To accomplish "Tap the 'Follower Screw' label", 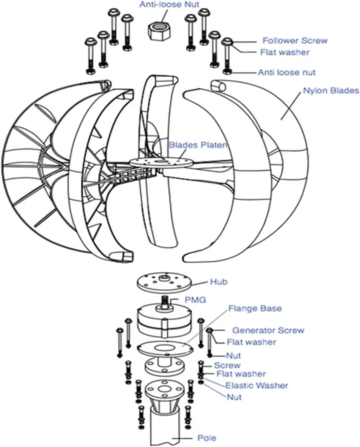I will pyautogui.click(x=295, y=41).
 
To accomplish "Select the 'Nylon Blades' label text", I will pyautogui.click(x=331, y=90).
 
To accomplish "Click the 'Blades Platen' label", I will pyautogui.click(x=198, y=145).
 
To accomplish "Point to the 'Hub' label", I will pyautogui.click(x=219, y=282).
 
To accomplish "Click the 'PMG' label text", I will pyautogui.click(x=195, y=299).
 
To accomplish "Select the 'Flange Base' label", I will pyautogui.click(x=255, y=308).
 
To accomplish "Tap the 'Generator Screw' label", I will pyautogui.click(x=268, y=330).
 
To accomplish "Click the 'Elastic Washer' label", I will pyautogui.click(x=257, y=385).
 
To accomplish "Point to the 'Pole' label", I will pyautogui.click(x=207, y=438).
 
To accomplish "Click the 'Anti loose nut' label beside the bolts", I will pyautogui.click(x=286, y=72).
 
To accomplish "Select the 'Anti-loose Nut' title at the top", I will pyautogui.click(x=169, y=4).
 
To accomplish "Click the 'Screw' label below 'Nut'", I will pyautogui.click(x=227, y=365).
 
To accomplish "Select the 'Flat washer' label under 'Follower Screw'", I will pyautogui.click(x=285, y=52).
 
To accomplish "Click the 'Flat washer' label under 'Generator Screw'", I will pyautogui.click(x=251, y=342).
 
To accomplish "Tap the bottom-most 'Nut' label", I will pyautogui.click(x=234, y=397).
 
